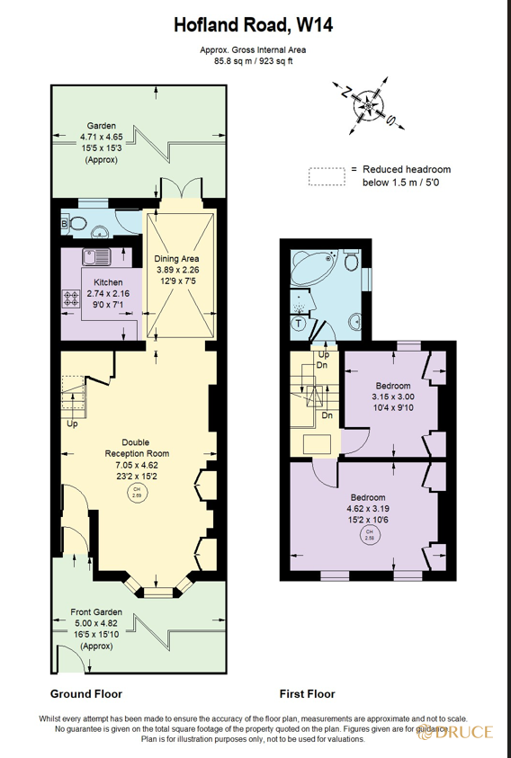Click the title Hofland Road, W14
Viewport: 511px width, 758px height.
tap(254, 25)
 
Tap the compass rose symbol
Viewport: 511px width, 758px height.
tap(369, 105)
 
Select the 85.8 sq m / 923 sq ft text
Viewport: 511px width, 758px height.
tap(253, 61)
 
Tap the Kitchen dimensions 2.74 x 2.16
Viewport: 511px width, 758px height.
tap(107, 294)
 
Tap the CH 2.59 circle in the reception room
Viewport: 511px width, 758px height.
tap(137, 493)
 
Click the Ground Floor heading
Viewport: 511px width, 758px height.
tap(85, 693)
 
